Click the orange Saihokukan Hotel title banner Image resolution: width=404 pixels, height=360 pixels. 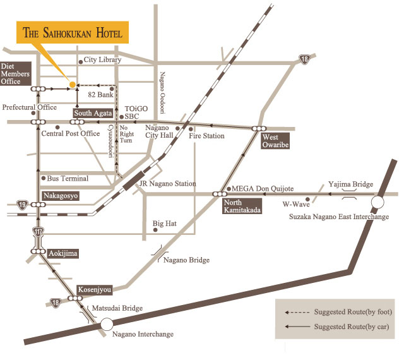tap(73, 33)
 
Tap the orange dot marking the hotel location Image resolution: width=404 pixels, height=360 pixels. tap(72, 84)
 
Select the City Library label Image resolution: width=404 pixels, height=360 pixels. tap(104, 61)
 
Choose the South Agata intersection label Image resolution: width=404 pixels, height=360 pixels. tap(93, 113)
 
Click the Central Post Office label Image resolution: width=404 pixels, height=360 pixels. tap(70, 134)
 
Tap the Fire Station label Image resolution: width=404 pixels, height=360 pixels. tap(206, 136)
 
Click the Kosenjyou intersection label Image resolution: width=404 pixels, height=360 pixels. tap(95, 290)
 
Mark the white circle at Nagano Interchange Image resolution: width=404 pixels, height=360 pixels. tap(107, 323)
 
